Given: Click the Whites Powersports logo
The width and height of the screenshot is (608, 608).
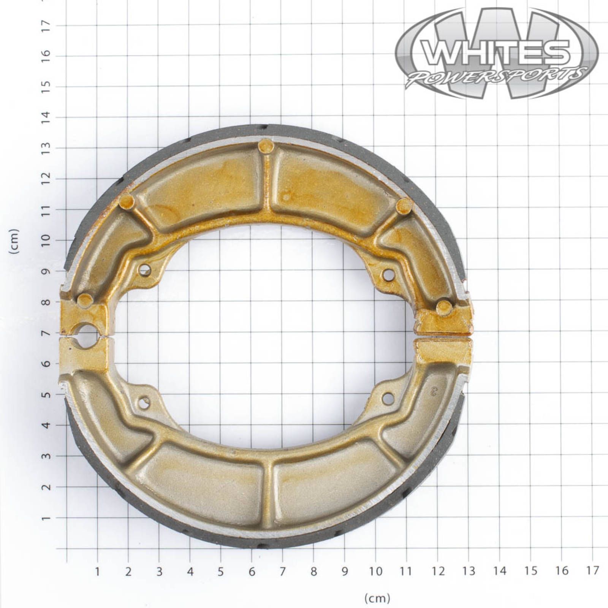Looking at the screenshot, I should (497, 53).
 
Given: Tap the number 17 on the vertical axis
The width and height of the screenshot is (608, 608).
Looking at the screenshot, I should (46, 26).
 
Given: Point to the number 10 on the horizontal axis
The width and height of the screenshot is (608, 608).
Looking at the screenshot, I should (375, 571).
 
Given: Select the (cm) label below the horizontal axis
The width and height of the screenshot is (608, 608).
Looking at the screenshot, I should (377, 598).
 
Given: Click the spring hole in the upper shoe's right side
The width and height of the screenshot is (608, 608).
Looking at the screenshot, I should (388, 274).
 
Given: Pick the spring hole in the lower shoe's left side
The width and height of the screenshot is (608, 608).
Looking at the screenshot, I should (144, 402).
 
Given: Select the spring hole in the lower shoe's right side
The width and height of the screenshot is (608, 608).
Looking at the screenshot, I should (388, 398).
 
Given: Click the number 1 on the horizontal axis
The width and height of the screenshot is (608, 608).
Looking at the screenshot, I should (97, 571).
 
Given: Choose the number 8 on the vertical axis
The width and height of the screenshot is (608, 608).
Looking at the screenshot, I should (46, 302).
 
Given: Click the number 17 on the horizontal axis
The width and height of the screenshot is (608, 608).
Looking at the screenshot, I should (592, 571).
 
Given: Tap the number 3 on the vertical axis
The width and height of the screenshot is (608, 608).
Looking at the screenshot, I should (46, 456).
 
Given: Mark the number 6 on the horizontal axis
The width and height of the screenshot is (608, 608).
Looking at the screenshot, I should (252, 571).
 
